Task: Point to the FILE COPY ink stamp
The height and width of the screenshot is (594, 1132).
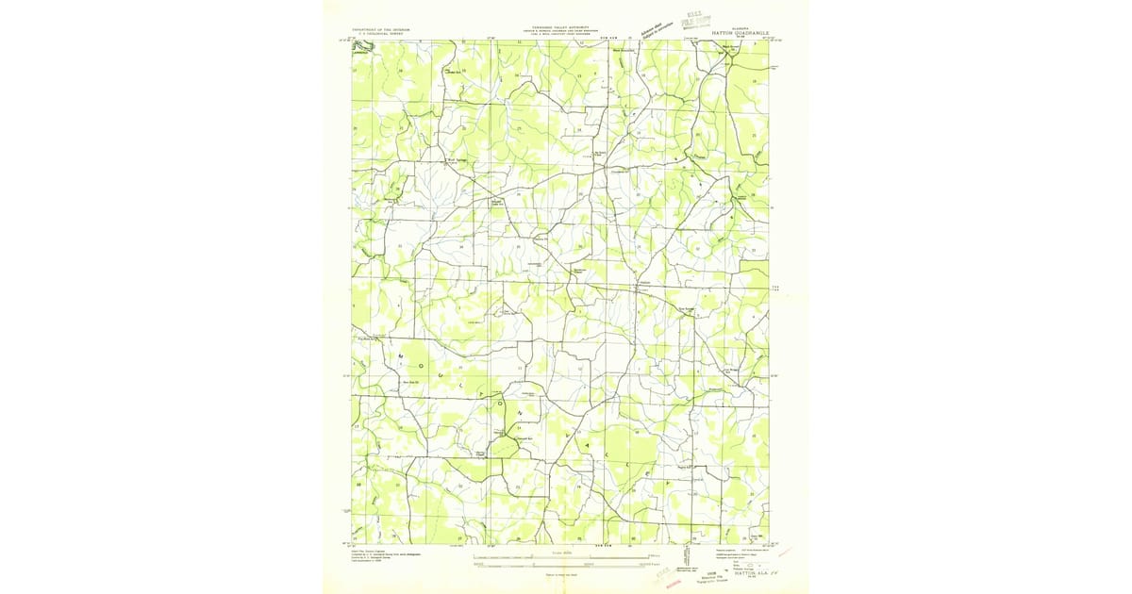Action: [700, 20]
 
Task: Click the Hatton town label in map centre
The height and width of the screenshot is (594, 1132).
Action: [645, 282]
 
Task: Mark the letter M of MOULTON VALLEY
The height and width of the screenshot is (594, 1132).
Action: [400, 355]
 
